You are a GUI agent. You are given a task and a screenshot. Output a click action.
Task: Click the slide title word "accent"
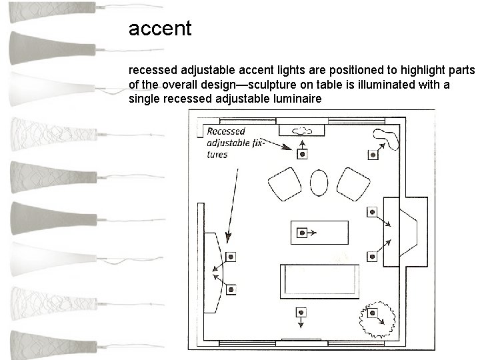(160, 29)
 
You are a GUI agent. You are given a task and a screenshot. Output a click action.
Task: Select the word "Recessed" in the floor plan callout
(226, 131)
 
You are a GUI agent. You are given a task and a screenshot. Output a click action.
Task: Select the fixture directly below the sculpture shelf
(303, 154)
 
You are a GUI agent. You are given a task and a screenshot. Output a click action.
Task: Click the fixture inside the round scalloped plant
(373, 313)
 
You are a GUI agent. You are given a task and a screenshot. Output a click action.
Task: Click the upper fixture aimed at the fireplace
(372, 212)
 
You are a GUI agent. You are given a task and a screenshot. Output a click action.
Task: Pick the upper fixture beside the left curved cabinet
(231, 257)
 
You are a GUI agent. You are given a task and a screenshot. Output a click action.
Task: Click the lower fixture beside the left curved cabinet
(231, 289)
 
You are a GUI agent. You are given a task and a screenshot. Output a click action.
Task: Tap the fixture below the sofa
(301, 313)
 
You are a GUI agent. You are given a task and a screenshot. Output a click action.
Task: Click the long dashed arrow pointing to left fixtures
(233, 200)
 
